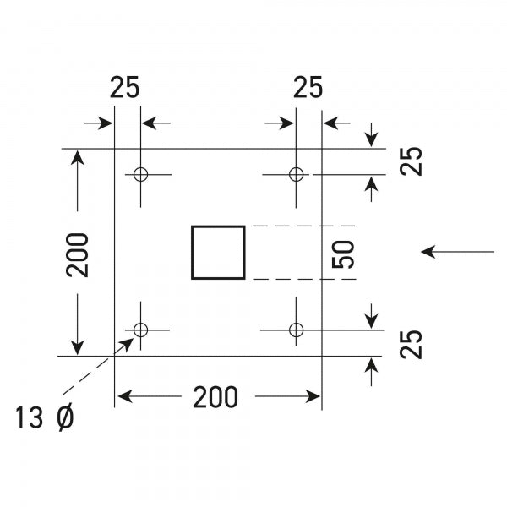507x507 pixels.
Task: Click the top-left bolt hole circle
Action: (140, 174)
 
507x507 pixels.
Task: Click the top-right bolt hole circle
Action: (296, 174)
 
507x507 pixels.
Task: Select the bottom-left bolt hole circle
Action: (140, 329)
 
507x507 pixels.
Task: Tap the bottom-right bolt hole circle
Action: (296, 329)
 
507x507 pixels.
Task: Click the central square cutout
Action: (218, 252)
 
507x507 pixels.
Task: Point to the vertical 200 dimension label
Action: (78, 253)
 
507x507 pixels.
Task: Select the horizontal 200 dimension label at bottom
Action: (215, 396)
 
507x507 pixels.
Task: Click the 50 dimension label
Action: (343, 253)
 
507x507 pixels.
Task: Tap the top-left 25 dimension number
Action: (124, 88)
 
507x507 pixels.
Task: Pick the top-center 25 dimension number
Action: (308, 88)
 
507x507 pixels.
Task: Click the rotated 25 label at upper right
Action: (412, 161)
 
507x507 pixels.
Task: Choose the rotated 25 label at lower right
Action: (412, 345)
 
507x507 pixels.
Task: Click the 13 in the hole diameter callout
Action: (31, 417)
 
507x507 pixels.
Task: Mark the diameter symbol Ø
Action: (67, 417)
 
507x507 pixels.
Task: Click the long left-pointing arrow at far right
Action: (457, 251)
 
